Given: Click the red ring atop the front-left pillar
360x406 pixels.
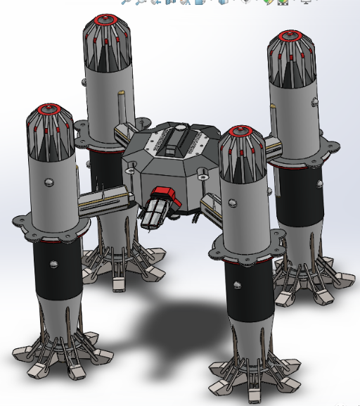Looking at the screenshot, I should coord(51,110).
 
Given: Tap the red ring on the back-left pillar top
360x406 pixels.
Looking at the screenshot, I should coord(107,19).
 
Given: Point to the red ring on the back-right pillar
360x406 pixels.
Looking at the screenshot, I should coord(291,34).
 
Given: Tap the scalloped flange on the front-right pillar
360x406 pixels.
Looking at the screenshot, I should coord(243,249).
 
